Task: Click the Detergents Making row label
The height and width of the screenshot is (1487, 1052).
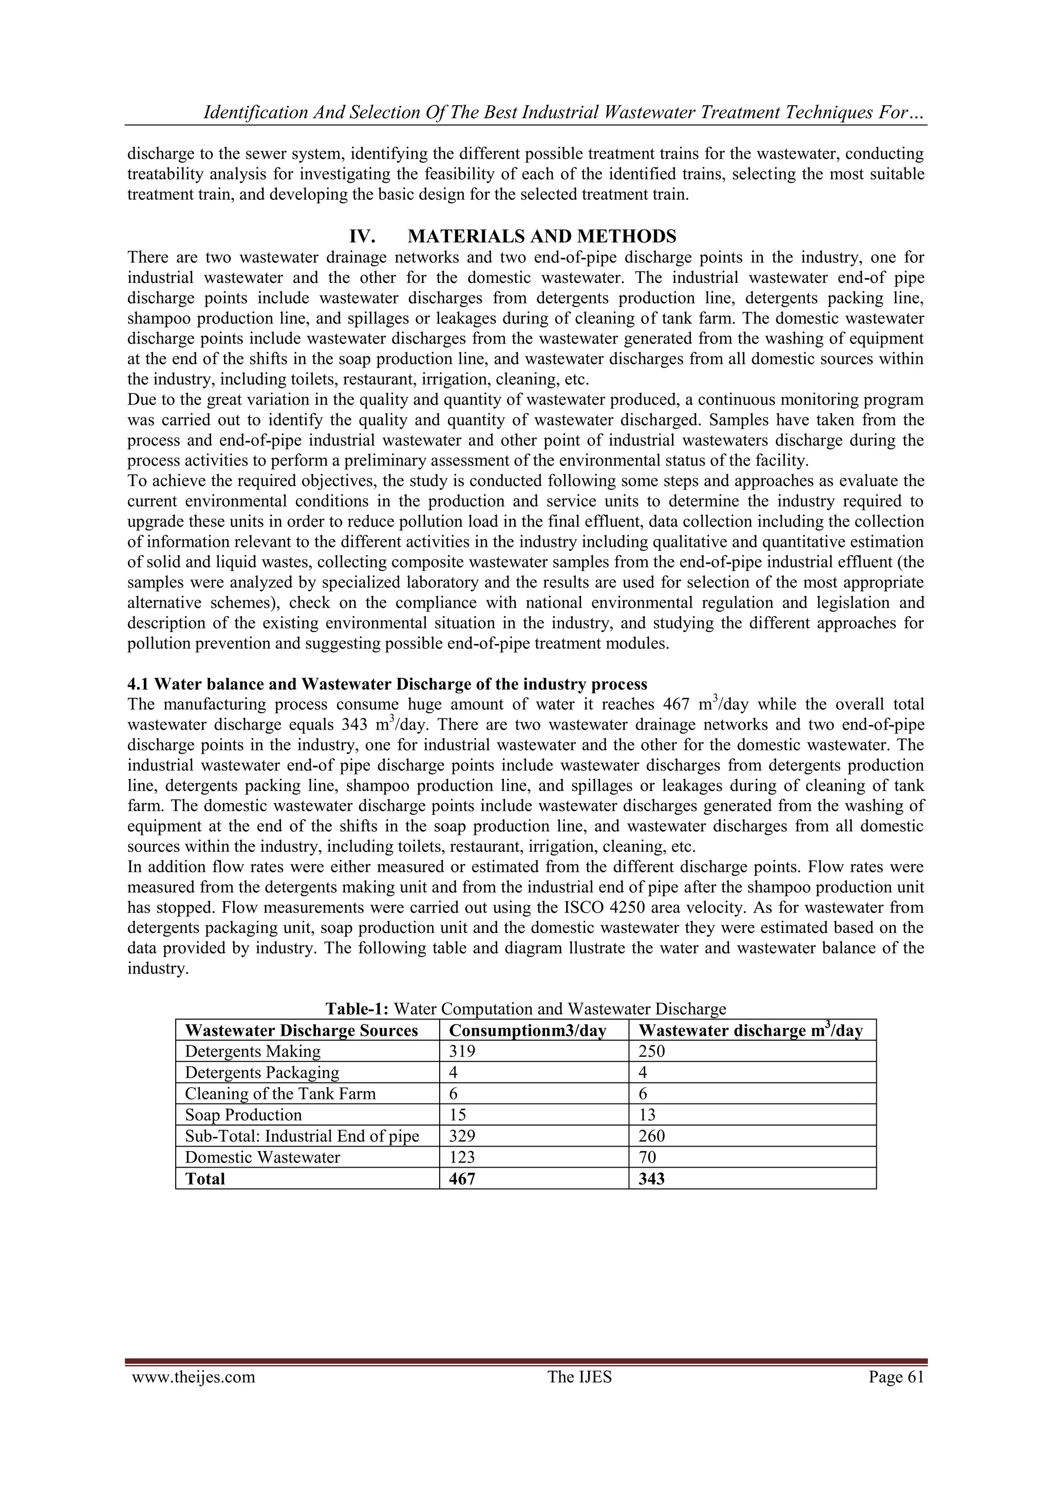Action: (x=253, y=1051)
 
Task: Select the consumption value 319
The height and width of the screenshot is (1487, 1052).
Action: (x=462, y=1051)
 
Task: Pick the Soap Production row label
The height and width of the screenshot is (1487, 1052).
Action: (x=243, y=1115)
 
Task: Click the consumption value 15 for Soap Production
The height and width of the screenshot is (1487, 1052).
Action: (x=457, y=1115)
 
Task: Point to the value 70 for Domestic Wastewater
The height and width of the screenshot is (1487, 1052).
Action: (x=647, y=1157)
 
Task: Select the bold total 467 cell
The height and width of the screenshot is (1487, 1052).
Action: (x=462, y=1179)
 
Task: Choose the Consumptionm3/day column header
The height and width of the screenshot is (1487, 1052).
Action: (x=528, y=1031)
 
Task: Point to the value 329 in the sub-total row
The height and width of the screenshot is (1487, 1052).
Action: (x=462, y=1136)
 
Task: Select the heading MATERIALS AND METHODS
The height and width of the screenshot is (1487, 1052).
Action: (x=542, y=236)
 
